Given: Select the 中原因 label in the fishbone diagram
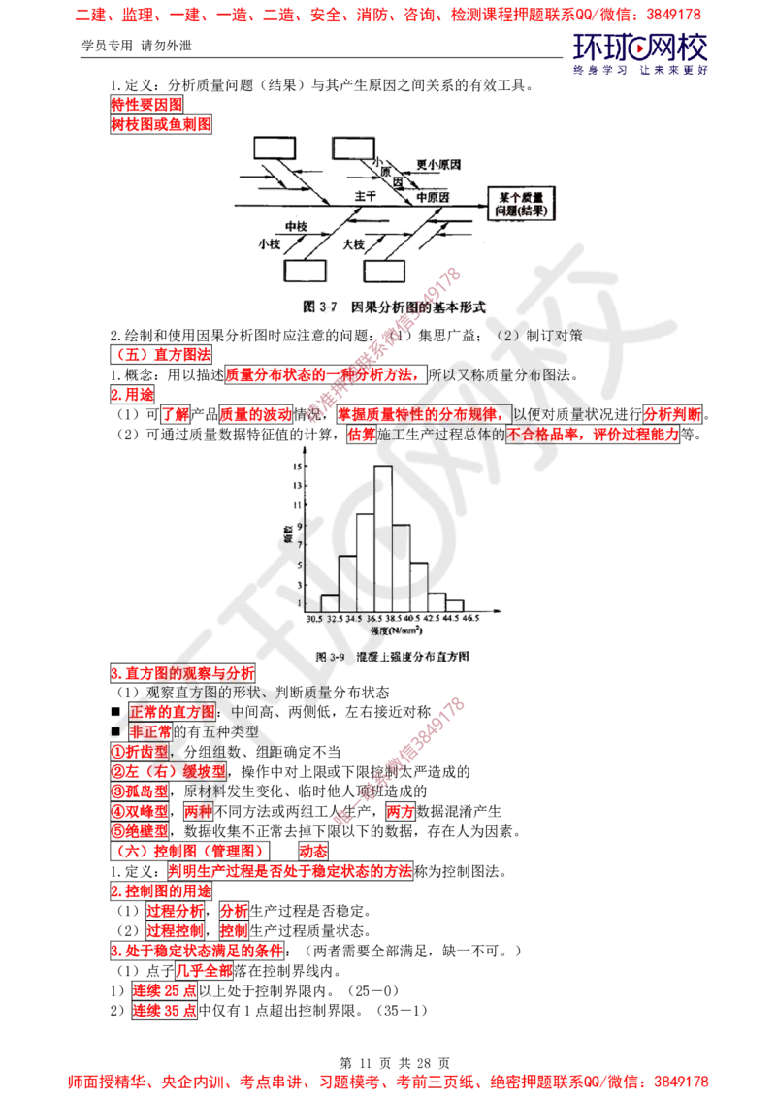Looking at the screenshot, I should pyautogui.click(x=433, y=196).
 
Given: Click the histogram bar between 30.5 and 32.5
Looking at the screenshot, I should pyautogui.click(x=329, y=599).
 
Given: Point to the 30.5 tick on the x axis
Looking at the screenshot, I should pyautogui.click(x=311, y=617).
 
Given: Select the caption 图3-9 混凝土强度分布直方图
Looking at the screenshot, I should pyautogui.click(x=394, y=657).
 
